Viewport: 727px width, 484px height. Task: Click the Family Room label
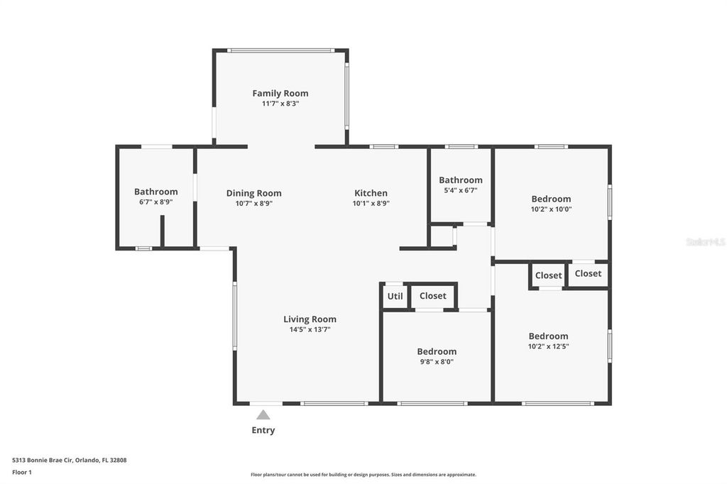[x=280, y=93]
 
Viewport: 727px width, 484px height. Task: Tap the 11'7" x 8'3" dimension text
[x=280, y=104]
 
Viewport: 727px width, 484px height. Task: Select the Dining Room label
[x=253, y=193]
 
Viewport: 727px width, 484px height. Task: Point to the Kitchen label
[x=371, y=193]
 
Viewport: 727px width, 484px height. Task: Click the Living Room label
[x=310, y=319]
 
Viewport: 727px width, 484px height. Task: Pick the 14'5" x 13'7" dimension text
[x=310, y=329]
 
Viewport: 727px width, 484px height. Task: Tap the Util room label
[x=393, y=296]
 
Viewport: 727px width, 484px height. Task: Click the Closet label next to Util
[x=432, y=296]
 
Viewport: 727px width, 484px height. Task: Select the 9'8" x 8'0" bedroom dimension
[x=436, y=362]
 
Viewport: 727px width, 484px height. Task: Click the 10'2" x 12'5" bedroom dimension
[x=548, y=347]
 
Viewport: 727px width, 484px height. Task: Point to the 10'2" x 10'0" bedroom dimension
[x=551, y=209]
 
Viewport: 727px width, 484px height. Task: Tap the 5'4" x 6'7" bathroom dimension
[x=460, y=190]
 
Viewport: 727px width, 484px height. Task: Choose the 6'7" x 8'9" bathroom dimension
[x=155, y=202]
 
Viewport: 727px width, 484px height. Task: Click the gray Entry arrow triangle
[x=263, y=415]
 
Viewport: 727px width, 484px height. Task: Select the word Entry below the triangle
[x=263, y=430]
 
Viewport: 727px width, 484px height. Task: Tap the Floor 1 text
[x=22, y=472]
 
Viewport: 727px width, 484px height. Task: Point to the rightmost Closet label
[x=588, y=273]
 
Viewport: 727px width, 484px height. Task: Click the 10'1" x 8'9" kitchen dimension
[x=371, y=203]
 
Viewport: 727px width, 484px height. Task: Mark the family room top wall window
[x=280, y=50]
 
